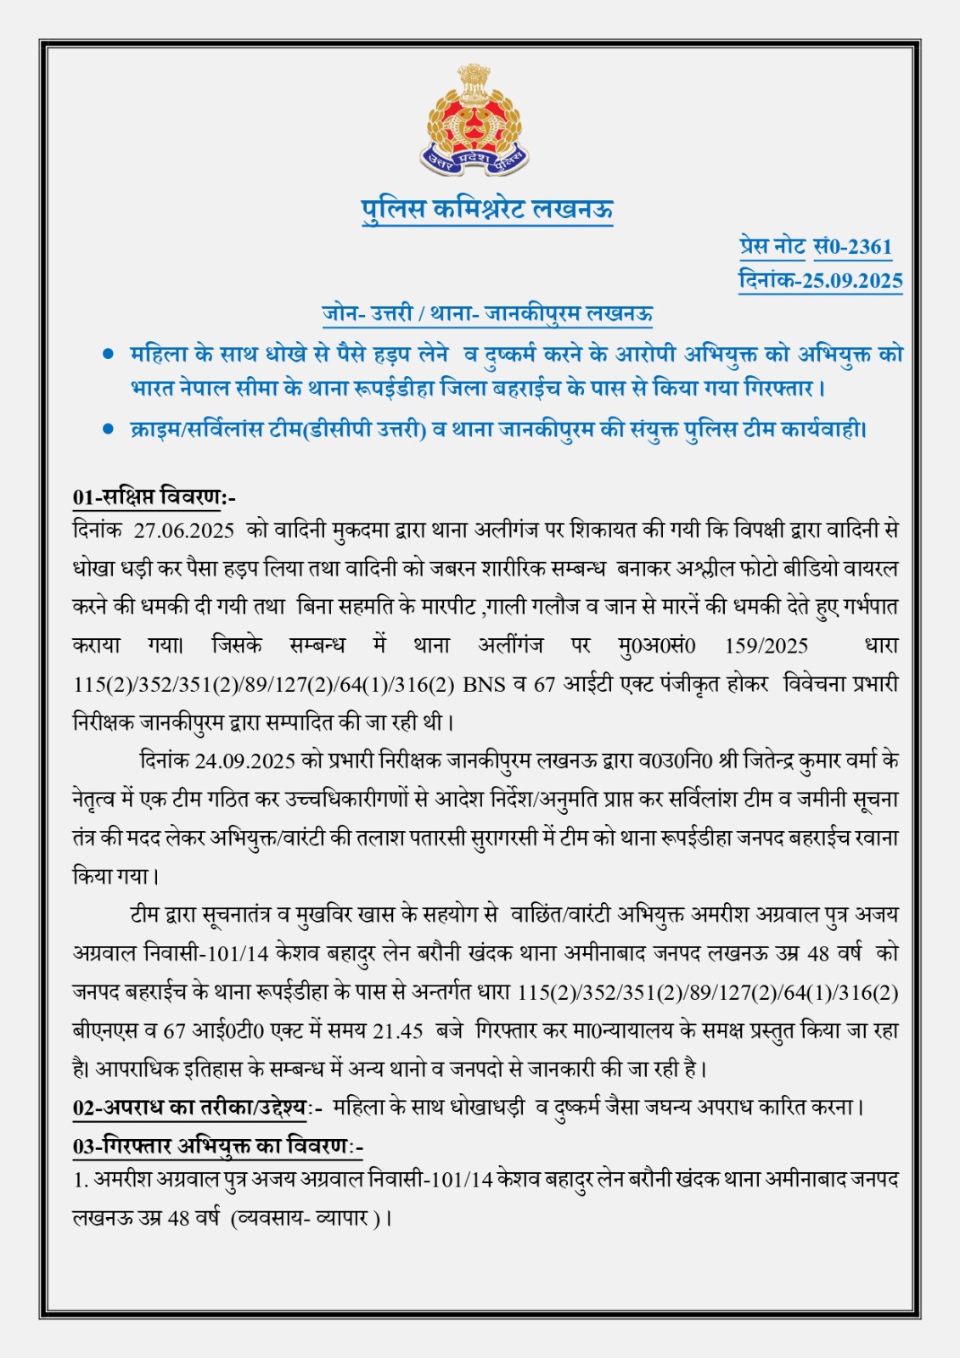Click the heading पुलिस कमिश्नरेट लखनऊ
pos(487,209)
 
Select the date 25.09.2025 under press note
pos(852,281)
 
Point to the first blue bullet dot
pos(108,354)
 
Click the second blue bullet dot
pos(108,429)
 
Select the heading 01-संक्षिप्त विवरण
pos(154,497)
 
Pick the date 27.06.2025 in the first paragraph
pos(183,531)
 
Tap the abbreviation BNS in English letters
pos(485,685)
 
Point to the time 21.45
pos(398,1031)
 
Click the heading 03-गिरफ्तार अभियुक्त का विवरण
pos(217,1147)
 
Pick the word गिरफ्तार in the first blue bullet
pos(778,389)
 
